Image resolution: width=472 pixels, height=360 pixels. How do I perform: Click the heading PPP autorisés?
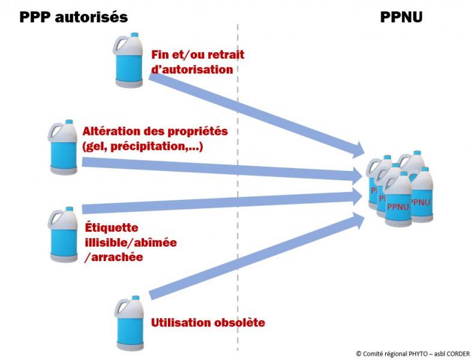(73, 17)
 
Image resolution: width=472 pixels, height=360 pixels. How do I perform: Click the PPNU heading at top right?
(402, 17)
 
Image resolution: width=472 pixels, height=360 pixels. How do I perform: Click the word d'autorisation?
(192, 70)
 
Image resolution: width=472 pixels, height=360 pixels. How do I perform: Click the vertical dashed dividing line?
(238, 180)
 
